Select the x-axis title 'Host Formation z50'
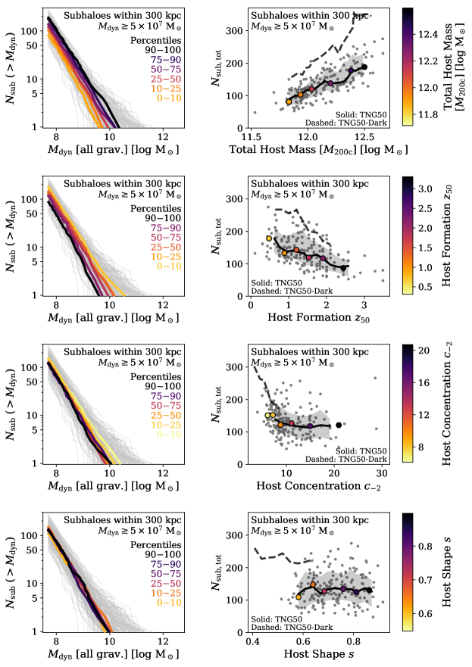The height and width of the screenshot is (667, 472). tap(320, 315)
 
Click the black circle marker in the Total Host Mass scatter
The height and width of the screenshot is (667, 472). tap(364, 67)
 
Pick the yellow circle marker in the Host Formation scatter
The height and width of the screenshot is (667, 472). tap(269, 238)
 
